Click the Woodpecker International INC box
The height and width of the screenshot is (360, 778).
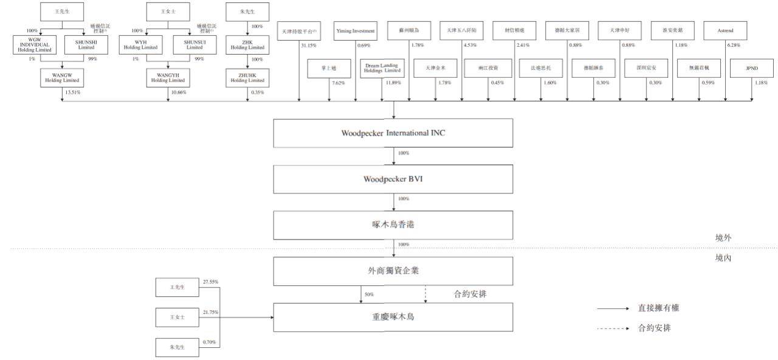[x=394, y=133]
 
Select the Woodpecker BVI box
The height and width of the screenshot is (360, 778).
[x=394, y=179]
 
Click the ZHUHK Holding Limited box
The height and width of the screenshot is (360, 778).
[x=247, y=78]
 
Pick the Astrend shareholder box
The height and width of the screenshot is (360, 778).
[x=725, y=30]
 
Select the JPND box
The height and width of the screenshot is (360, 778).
[x=751, y=69]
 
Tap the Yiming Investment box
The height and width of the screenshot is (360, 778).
[x=356, y=30]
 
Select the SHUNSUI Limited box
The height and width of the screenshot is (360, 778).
[x=194, y=44]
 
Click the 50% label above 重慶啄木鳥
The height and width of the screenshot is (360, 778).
[x=368, y=295]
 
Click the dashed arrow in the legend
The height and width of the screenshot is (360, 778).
[x=612, y=328]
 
